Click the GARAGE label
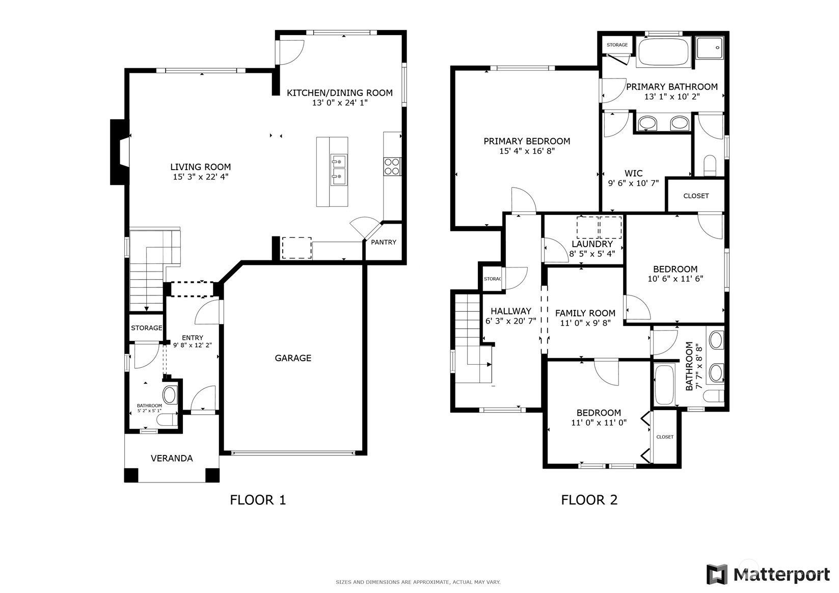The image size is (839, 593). [x=293, y=358]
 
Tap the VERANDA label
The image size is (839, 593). [x=172, y=459]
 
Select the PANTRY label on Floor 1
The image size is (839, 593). [x=384, y=242]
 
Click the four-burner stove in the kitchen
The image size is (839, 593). [x=392, y=167]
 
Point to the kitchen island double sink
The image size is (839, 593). [x=338, y=170]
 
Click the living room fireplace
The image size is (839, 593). [x=120, y=152]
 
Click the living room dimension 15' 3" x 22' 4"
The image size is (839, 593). [x=200, y=177]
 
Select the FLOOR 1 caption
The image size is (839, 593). [x=258, y=500]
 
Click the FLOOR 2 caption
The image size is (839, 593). [x=589, y=500]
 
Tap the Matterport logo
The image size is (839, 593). [x=768, y=574]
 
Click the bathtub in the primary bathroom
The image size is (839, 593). [x=663, y=51]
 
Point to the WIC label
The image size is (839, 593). [x=633, y=173]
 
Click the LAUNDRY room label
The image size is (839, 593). [x=592, y=244]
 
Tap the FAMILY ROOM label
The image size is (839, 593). [x=585, y=313]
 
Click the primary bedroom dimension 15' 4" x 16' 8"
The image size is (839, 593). [x=527, y=151]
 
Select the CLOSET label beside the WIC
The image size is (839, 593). [x=696, y=196]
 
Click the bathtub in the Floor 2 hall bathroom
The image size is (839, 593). [x=664, y=385]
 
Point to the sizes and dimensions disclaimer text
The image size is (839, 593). [x=418, y=582]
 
